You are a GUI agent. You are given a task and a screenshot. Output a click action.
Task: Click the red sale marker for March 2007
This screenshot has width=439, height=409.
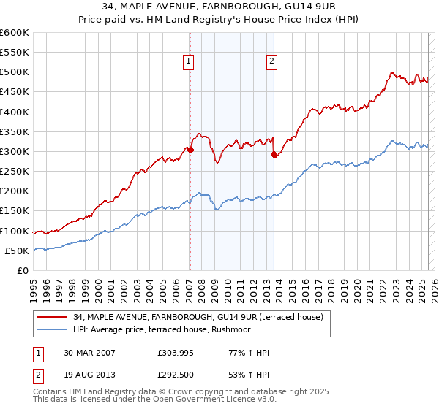pos(190,150)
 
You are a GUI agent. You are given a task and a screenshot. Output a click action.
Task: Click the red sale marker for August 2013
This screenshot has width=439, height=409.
pos(274,154)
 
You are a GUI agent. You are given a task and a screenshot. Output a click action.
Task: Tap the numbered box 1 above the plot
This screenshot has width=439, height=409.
pos(189,62)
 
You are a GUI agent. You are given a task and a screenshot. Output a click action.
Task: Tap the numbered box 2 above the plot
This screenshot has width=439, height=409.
pos(271,62)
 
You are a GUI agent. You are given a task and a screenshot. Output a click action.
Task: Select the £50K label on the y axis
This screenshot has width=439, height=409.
pos(18,251)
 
